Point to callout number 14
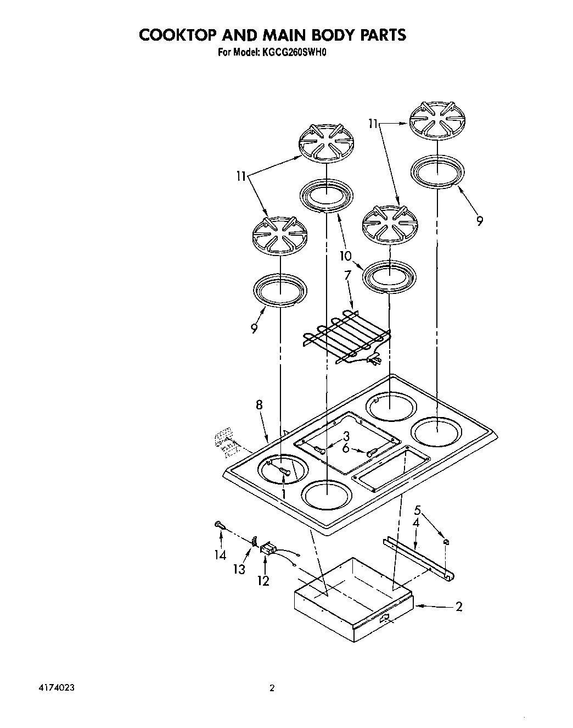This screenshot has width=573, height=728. (x=220, y=555)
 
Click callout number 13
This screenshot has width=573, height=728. (x=239, y=569)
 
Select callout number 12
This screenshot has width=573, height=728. (x=264, y=580)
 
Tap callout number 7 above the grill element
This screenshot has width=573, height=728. (x=347, y=275)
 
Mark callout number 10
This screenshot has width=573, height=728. (x=345, y=255)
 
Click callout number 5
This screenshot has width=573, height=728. (x=418, y=509)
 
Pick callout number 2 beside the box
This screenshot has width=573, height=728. (x=459, y=607)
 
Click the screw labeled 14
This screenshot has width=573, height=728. (x=219, y=525)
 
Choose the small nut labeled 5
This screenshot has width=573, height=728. (x=446, y=542)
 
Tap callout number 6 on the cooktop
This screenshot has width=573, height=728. (x=346, y=448)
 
